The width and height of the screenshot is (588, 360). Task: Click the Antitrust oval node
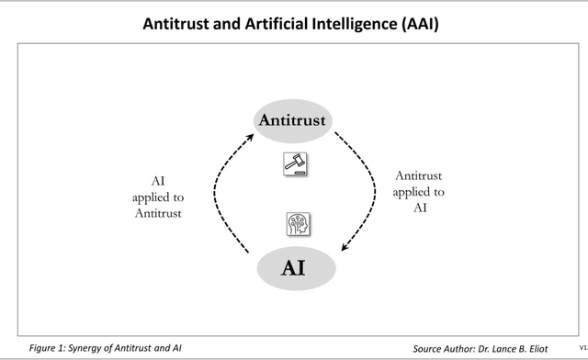(x=293, y=121)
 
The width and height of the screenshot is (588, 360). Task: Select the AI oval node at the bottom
(x=293, y=268)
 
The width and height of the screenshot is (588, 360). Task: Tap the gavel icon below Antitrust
(x=295, y=164)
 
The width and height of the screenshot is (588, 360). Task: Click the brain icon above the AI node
(x=297, y=222)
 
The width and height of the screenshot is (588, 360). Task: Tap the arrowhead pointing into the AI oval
(x=344, y=248)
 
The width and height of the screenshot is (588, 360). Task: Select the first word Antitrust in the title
(x=175, y=25)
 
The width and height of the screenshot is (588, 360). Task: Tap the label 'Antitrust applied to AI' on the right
(x=418, y=192)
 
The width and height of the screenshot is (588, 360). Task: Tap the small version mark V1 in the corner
(x=582, y=349)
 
